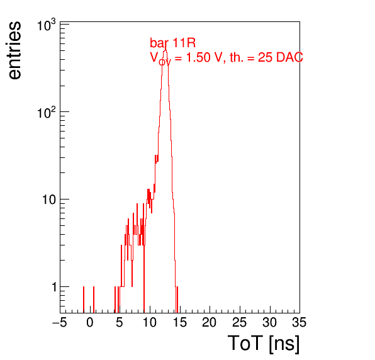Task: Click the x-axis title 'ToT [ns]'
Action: tap(264, 344)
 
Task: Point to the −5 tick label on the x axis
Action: tap(60, 322)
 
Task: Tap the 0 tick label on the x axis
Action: tap(90, 322)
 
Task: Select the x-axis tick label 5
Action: tap(120, 322)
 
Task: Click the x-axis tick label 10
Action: tap(150, 322)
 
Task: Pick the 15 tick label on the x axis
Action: tap(180, 322)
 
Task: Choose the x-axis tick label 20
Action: tap(210, 322)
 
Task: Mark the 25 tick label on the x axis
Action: tap(239, 322)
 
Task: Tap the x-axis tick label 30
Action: tap(269, 322)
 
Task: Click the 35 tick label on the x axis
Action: tap(299, 322)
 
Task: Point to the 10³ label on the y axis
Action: tap(47, 25)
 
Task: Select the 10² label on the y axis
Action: tap(47, 113)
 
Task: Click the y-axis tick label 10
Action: tap(49, 200)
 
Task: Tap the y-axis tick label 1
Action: tap(54, 287)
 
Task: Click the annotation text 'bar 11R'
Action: tap(172, 43)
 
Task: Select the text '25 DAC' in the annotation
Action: tap(281, 57)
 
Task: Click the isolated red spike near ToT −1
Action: tap(84, 300)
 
